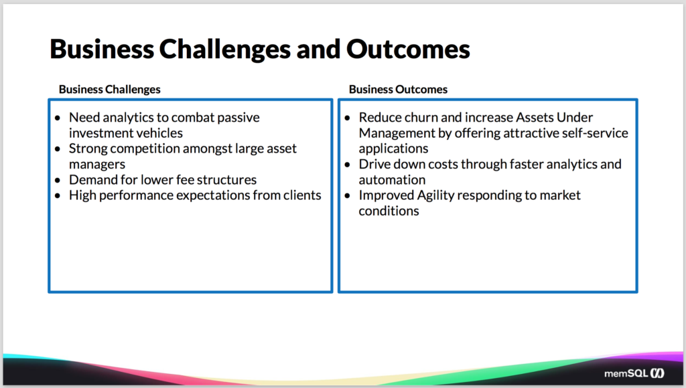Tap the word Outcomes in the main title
pyautogui.click(x=408, y=48)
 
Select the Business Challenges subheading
pyautogui.click(x=110, y=90)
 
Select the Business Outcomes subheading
pyautogui.click(x=398, y=90)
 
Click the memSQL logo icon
pyautogui.click(x=657, y=373)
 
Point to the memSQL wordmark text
pyautogui.click(x=626, y=373)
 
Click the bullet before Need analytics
pyautogui.click(x=58, y=118)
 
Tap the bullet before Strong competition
pyautogui.click(x=58, y=149)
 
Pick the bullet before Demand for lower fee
pyautogui.click(x=58, y=180)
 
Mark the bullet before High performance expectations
pyautogui.click(x=58, y=196)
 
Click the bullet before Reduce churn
pyautogui.click(x=348, y=118)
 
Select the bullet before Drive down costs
pyautogui.click(x=348, y=165)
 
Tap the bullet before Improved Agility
pyautogui.click(x=348, y=196)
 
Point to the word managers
pyautogui.click(x=97, y=165)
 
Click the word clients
pyautogui.click(x=302, y=195)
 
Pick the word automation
pyautogui.click(x=392, y=180)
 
